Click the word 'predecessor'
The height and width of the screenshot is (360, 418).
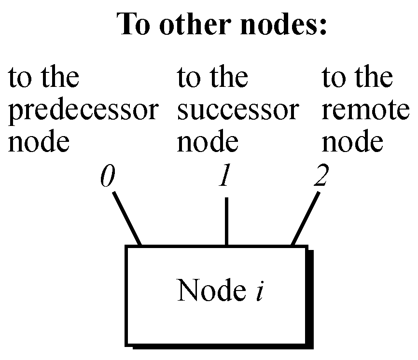tap(83, 111)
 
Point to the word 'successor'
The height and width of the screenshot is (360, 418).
tap(237, 111)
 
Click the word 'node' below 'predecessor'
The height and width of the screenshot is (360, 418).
tap(39, 142)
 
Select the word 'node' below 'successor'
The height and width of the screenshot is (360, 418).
tap(208, 142)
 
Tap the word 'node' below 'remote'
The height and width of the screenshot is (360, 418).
tap(353, 142)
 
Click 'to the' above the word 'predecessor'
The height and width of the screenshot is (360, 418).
tap(43, 78)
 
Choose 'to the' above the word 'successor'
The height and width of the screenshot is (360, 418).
tap(213, 78)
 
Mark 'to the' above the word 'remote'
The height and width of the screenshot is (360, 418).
tap(357, 78)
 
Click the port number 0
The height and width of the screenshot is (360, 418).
tap(108, 177)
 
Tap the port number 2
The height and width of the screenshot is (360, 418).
tap(320, 177)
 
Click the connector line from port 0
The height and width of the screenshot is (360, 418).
tap(126, 219)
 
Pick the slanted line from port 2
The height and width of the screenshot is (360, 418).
tap(305, 219)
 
